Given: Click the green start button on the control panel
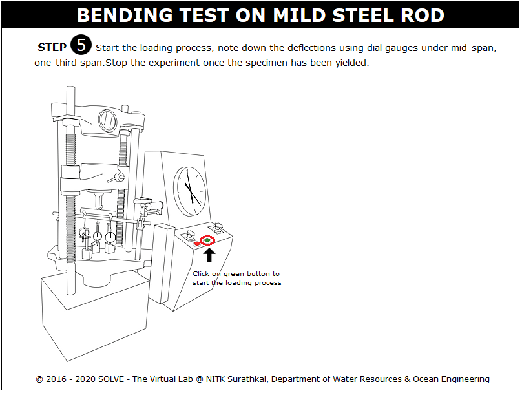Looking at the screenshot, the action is (x=207, y=240).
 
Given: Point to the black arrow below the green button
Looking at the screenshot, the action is (x=209, y=255).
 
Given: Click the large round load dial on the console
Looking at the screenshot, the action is (x=190, y=191).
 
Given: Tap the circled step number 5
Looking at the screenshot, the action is (x=81, y=45).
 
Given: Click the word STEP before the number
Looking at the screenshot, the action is (x=52, y=47).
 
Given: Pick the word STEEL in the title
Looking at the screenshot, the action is (x=364, y=16).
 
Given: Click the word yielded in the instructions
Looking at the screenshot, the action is (x=352, y=63).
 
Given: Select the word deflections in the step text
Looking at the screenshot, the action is (x=311, y=48).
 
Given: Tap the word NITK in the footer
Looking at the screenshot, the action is (x=215, y=379).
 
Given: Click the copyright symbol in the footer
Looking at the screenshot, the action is (x=39, y=379).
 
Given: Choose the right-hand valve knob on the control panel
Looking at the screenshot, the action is (x=216, y=227).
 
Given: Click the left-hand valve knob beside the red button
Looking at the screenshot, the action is (x=190, y=235).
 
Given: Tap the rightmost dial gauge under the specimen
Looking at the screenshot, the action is (x=110, y=237).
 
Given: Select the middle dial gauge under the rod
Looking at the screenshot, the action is (x=97, y=236).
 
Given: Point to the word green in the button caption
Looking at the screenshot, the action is (x=233, y=274).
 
